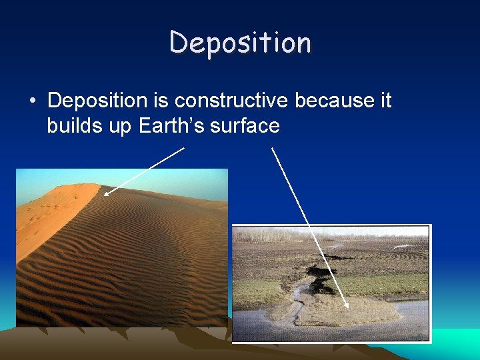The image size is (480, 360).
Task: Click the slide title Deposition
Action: pos(240,43)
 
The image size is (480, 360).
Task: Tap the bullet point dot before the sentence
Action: pos(31,101)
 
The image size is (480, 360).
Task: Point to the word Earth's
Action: pos(172,125)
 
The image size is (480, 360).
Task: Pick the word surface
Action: pos(245,125)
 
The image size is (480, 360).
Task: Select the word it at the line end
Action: pos(385,101)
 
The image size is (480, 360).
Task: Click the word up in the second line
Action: pos(121,127)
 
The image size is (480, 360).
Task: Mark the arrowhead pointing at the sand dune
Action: pos(105,194)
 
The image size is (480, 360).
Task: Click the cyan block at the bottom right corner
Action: pos(457,344)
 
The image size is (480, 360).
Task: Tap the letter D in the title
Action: pos(179,43)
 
